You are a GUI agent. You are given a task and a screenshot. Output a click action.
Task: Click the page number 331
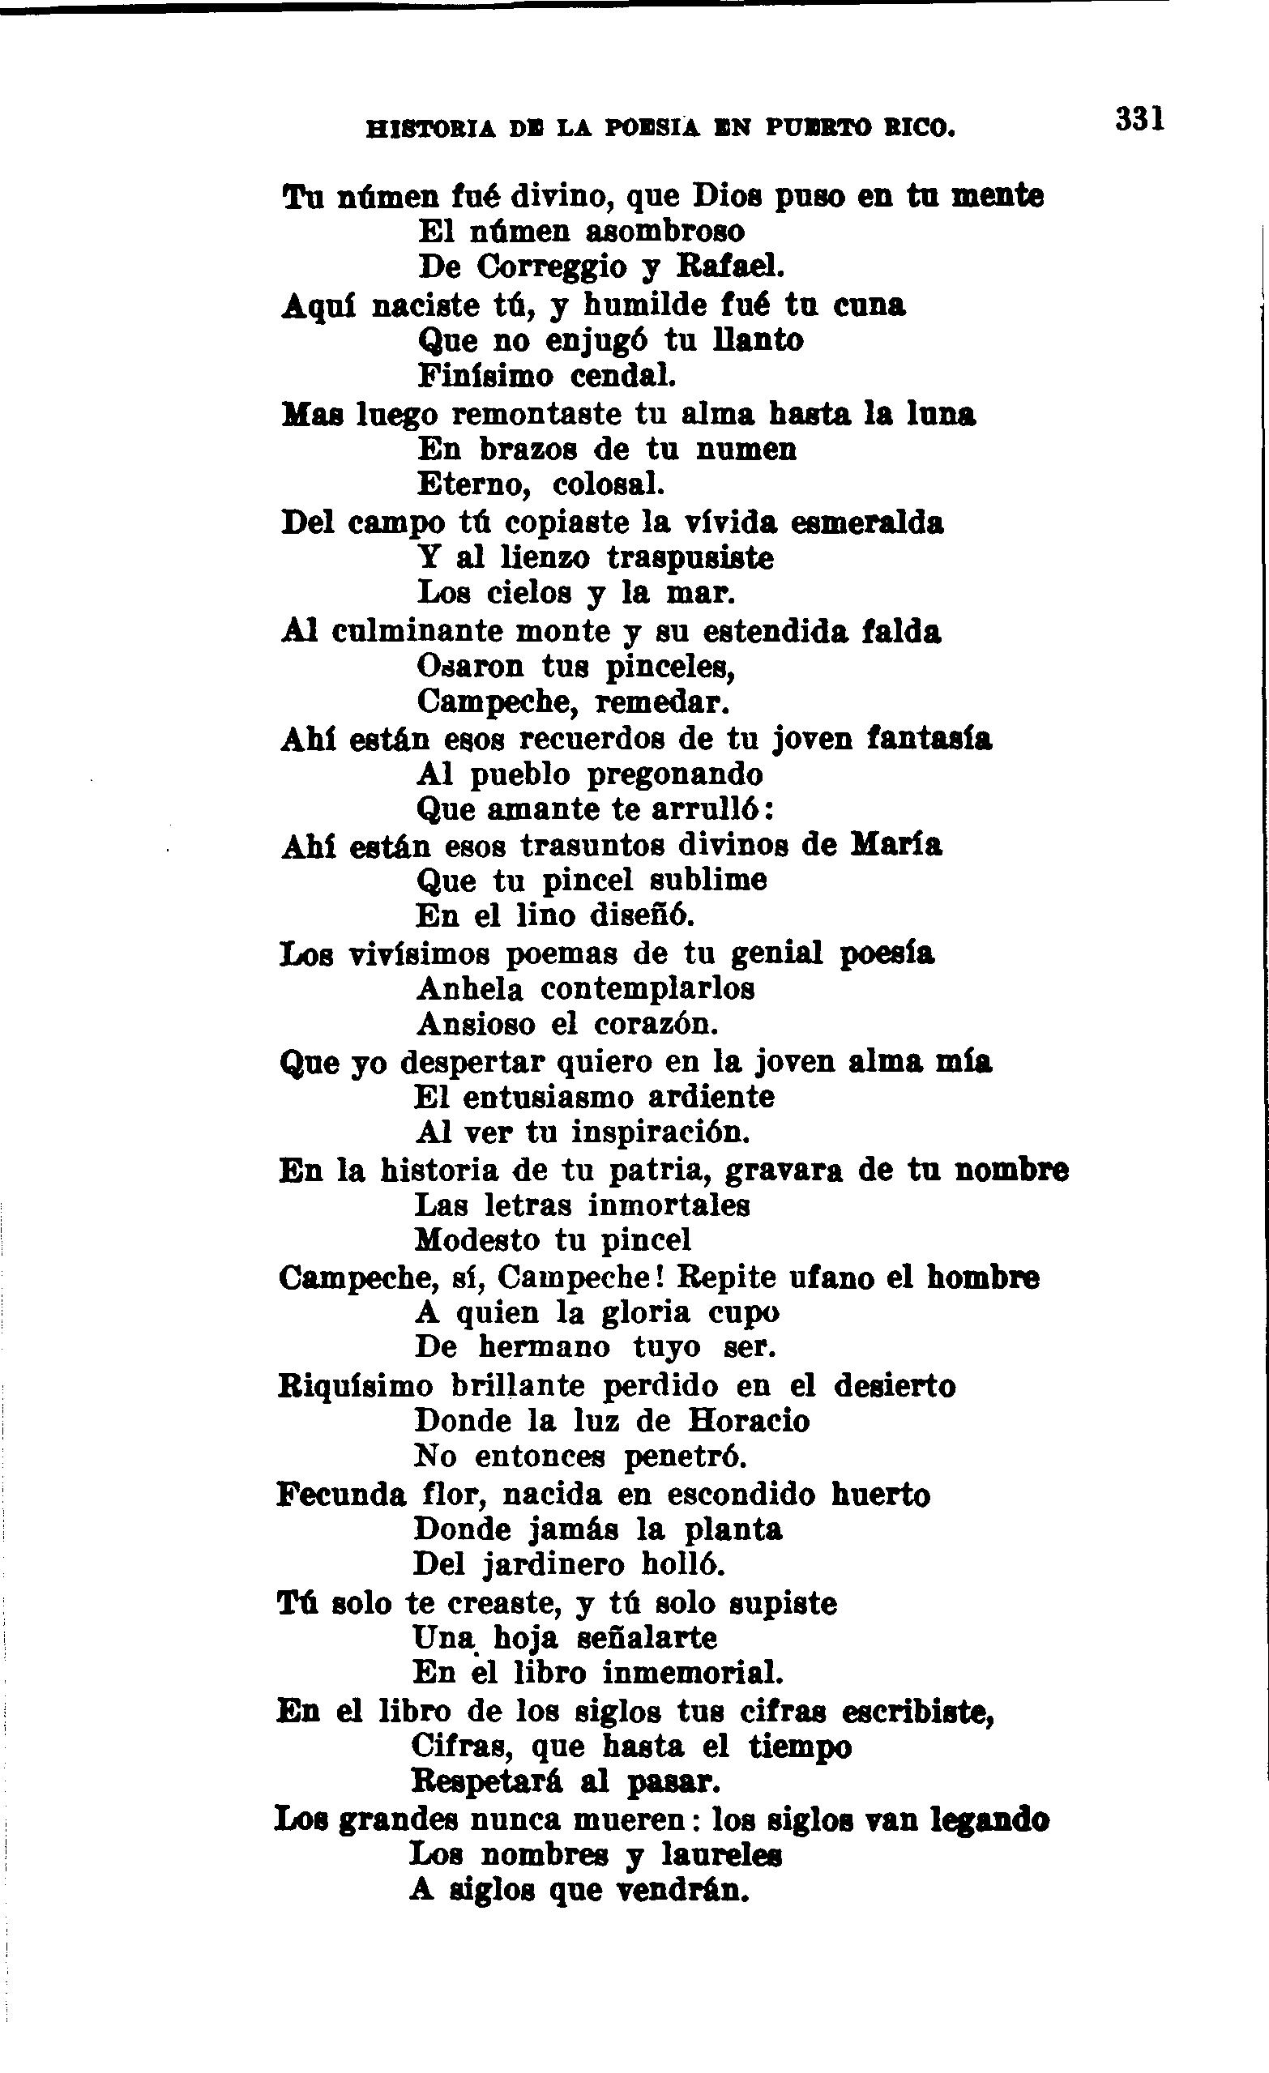1139,118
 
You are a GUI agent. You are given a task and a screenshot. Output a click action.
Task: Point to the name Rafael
729,267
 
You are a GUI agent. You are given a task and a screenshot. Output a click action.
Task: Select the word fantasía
930,739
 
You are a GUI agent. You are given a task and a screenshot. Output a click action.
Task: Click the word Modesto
477,1240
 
